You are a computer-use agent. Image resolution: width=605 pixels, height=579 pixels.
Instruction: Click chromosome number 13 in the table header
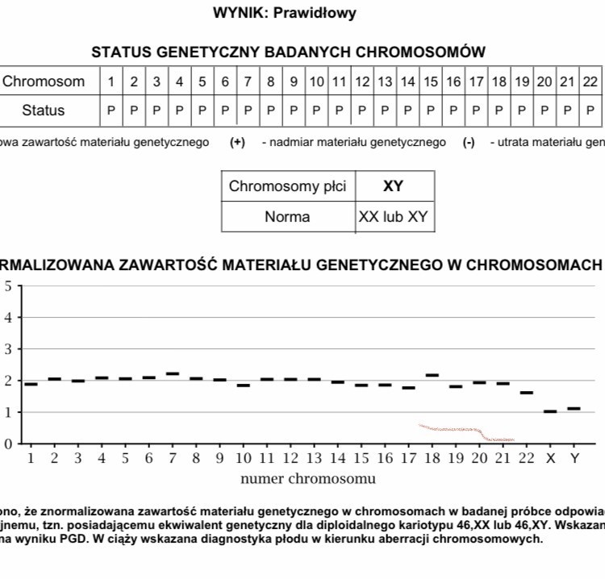tap(385, 81)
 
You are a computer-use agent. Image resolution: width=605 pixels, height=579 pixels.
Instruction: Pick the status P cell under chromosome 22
tap(590, 110)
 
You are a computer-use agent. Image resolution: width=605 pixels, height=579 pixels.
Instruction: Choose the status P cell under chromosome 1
tap(111, 110)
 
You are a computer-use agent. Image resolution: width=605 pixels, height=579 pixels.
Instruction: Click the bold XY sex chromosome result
tap(393, 186)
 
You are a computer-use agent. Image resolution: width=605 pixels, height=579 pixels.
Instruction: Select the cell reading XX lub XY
tap(394, 216)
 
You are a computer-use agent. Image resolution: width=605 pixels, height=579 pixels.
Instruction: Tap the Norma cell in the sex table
tap(287, 216)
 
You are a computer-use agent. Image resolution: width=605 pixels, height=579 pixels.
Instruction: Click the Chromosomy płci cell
tap(287, 186)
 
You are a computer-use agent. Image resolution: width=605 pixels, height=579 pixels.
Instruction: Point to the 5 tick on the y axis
tap(8, 286)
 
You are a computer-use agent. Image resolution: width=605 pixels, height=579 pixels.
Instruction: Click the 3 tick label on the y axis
tap(8, 349)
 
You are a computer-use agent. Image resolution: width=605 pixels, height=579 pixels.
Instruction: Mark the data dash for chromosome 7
tap(173, 373)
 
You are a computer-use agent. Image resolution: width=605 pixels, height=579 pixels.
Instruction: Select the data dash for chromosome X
tap(550, 411)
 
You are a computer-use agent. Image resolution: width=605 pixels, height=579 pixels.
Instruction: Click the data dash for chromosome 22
tap(527, 393)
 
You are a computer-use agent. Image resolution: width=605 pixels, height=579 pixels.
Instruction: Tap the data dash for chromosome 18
tap(432, 375)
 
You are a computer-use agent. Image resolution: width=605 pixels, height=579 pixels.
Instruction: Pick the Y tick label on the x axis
tap(574, 459)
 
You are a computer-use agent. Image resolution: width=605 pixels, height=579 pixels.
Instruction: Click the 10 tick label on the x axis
tap(243, 459)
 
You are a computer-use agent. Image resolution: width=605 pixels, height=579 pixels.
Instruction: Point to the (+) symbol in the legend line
tap(237, 143)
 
